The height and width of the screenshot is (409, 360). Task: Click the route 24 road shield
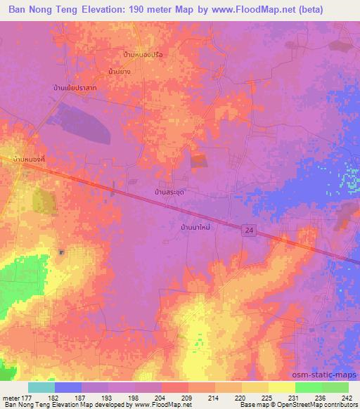[x=250, y=230]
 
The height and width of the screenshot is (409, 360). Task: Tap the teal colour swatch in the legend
[x=41, y=387]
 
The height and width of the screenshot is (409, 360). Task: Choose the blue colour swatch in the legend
[x=68, y=387]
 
